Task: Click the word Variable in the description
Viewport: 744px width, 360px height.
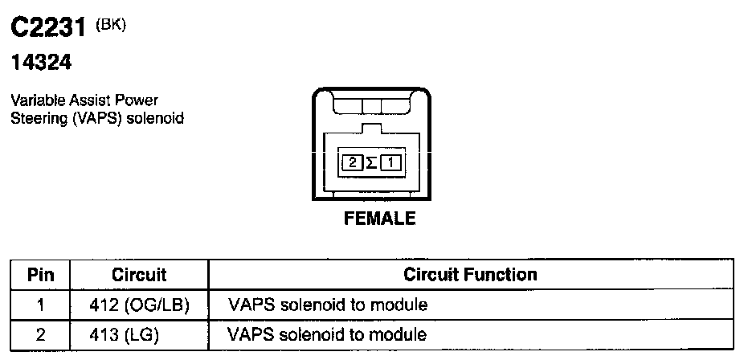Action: coord(35,100)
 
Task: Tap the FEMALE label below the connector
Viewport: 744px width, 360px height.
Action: coord(379,219)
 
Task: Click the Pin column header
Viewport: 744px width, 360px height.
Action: coord(40,275)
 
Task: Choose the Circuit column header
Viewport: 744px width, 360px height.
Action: coord(139,275)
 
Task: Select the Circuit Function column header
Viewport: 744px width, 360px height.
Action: coord(470,275)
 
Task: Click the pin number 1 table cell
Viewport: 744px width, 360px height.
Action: coord(40,305)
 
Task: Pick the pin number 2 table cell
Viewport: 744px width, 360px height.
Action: coord(40,334)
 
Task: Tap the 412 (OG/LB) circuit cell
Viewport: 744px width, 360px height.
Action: coord(139,305)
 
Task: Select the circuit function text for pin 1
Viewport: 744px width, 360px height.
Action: coord(327,305)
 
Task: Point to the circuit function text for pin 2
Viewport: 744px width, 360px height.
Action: coord(327,334)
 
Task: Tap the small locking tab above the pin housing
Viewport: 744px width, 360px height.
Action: coord(371,128)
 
